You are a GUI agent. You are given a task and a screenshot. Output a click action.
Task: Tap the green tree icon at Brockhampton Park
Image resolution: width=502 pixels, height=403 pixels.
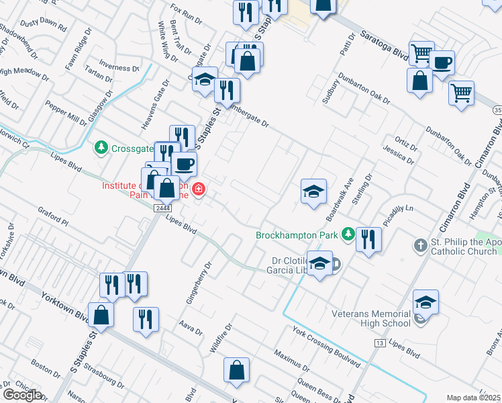(x=348, y=234)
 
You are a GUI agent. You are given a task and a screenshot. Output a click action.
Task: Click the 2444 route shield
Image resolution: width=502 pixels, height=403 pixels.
(x=162, y=208)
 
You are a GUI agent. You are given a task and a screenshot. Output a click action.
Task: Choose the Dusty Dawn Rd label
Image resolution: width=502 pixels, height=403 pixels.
(x=44, y=26)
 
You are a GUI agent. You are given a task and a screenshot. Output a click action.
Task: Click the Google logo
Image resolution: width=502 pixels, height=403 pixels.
(x=22, y=395)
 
